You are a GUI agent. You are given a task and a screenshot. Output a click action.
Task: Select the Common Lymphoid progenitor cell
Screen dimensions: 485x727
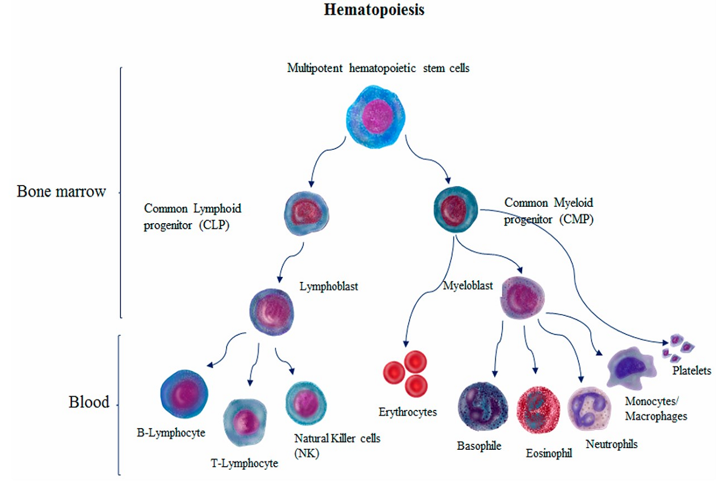click(x=307, y=212)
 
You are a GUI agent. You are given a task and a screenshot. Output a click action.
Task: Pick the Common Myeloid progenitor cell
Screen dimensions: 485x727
click(x=456, y=208)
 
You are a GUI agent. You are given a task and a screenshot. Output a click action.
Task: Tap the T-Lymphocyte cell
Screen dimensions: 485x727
click(x=245, y=419)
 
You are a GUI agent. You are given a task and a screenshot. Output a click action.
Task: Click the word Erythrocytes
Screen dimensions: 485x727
click(x=408, y=412)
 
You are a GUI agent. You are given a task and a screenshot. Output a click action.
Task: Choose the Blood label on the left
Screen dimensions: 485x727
click(x=88, y=402)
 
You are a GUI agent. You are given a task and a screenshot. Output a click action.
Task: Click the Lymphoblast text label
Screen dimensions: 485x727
click(x=329, y=286)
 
